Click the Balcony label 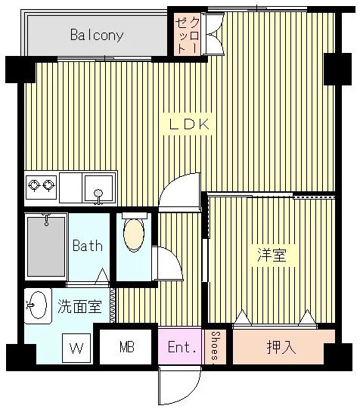click(x=97, y=35)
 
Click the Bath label click(x=87, y=246)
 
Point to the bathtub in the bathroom click(x=46, y=246)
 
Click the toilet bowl click(x=133, y=235)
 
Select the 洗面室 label click(x=79, y=307)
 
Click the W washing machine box click(x=76, y=349)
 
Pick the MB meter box click(x=127, y=348)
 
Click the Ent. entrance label click(x=182, y=348)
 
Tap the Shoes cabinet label click(x=216, y=347)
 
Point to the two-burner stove click(x=40, y=184)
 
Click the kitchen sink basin click(x=99, y=185)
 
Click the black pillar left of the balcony click(x=20, y=70)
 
